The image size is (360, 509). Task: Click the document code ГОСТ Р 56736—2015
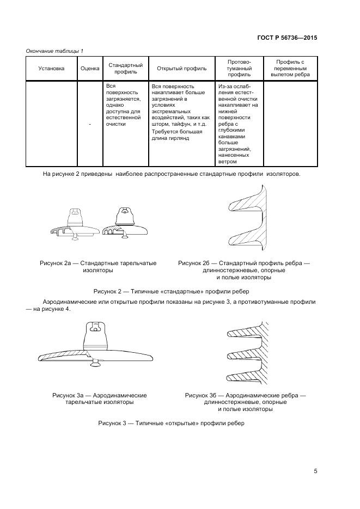coord(287,38)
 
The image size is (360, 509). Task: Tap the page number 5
coord(315,471)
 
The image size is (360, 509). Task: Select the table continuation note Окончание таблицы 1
coord(54,51)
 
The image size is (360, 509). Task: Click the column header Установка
coord(51,69)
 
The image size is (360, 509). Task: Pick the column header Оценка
coord(90,69)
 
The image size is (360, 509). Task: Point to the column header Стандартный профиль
coord(126,69)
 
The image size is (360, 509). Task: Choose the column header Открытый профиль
coord(181,69)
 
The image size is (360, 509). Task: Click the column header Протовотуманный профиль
coord(239,69)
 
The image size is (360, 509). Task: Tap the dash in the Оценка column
coord(90,124)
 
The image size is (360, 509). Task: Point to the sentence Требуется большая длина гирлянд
coord(177,135)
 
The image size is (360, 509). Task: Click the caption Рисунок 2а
coord(98,267)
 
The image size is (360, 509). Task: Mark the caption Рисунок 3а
coord(100,398)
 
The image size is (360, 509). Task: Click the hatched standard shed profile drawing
coord(248,218)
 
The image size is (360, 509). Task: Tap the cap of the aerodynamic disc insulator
coord(96,333)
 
